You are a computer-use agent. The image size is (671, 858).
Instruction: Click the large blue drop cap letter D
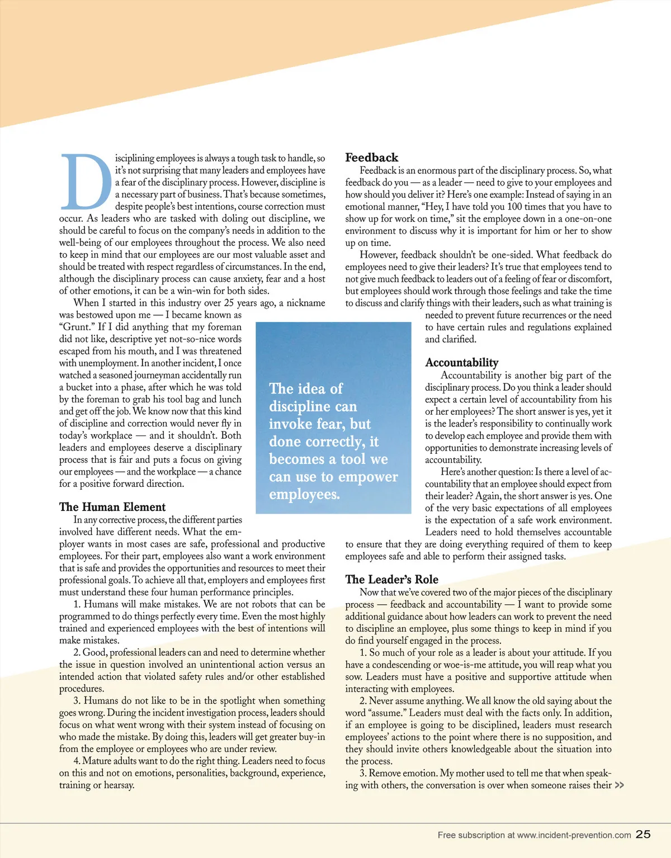pos(85,181)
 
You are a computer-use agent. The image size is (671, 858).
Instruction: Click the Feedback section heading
pos(371,158)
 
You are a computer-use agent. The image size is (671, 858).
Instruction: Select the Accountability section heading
pos(461,363)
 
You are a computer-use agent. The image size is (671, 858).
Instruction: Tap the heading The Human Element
pos(112,507)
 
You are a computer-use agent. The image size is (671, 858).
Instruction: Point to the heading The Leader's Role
pos(391,580)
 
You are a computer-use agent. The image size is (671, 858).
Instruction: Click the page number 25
pos(643,834)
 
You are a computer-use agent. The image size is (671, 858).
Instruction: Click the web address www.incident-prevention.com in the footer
pos(574,835)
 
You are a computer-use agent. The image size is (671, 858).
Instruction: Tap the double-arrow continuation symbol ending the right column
pos(619,785)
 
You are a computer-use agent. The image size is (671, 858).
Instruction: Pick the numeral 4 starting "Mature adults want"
pos(76,761)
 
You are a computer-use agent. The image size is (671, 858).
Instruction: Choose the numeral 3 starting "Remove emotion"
pos(362,773)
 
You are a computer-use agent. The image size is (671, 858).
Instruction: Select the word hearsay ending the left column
pos(119,785)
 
